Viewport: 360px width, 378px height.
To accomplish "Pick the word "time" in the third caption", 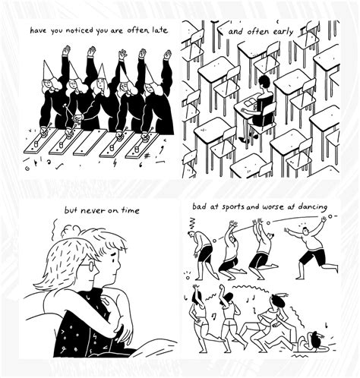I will [x=128, y=209].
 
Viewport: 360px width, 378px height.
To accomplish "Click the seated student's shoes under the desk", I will [x=242, y=139].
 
